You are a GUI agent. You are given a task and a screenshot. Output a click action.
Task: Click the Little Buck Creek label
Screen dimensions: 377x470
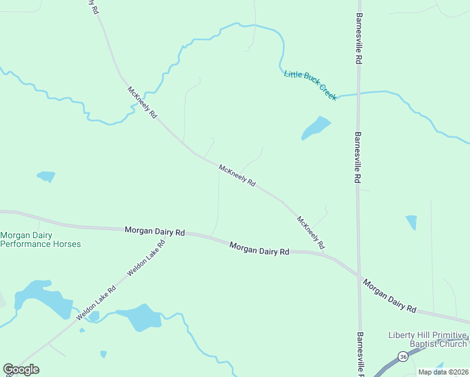point(310,84)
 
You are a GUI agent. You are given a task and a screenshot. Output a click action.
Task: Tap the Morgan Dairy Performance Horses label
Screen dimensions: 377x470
point(40,239)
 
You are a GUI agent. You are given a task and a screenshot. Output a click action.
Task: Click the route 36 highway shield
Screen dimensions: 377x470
point(402,357)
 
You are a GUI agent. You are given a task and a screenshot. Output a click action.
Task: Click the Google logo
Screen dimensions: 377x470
point(21,369)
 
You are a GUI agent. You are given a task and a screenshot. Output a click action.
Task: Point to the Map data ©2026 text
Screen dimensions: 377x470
point(443,372)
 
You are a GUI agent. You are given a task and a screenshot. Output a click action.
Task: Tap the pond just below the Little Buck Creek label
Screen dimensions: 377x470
point(315,128)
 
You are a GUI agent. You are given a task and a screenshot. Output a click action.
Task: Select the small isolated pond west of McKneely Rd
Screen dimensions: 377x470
point(46,176)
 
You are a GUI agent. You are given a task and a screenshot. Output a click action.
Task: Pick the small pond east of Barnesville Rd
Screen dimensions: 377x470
point(412,222)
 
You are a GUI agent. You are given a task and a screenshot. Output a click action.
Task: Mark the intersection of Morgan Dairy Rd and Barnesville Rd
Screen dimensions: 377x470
point(359,275)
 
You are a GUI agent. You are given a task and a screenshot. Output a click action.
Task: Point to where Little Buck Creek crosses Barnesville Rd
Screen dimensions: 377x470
point(358,94)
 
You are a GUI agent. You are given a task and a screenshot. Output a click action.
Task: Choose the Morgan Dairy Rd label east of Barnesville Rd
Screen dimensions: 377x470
point(390,296)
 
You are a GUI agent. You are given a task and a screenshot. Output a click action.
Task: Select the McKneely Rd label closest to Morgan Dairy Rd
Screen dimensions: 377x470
point(310,232)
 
